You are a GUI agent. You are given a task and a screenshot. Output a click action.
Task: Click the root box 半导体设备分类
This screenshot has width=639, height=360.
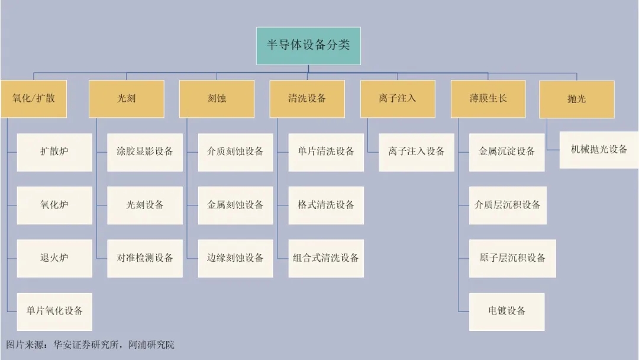pyautogui.click(x=308, y=46)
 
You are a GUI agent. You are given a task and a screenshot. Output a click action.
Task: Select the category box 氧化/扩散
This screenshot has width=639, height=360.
pyautogui.click(x=33, y=99)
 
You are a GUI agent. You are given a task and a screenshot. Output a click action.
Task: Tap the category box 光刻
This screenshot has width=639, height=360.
pyautogui.click(x=127, y=99)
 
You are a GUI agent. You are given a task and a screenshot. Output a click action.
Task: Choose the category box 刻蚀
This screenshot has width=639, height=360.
pyautogui.click(x=217, y=99)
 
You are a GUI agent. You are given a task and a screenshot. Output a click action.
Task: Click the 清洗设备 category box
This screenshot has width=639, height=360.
pyautogui.click(x=307, y=99)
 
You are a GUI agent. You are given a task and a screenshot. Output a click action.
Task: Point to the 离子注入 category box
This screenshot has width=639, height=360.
pyautogui.click(x=398, y=99)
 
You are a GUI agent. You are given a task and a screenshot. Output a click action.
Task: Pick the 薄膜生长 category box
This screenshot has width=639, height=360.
pyautogui.click(x=488, y=99)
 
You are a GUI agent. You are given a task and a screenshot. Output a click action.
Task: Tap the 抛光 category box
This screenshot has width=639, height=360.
pyautogui.click(x=577, y=99)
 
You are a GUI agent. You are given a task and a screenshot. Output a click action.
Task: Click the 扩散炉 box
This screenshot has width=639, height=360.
pyautogui.click(x=54, y=152)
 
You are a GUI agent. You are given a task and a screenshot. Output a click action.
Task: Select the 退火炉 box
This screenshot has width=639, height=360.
pyautogui.click(x=54, y=259)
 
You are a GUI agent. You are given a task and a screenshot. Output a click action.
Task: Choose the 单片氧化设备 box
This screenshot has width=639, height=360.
pyautogui.click(x=54, y=311)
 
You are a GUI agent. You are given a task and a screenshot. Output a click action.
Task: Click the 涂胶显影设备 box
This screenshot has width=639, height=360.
pyautogui.click(x=145, y=152)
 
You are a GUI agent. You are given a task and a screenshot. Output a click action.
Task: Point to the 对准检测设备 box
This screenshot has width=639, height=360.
pyautogui.click(x=145, y=259)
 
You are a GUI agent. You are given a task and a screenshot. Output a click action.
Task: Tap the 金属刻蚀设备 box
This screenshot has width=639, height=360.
pyautogui.click(x=235, y=205)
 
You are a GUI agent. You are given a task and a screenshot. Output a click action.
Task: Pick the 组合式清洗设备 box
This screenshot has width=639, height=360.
pyautogui.click(x=326, y=259)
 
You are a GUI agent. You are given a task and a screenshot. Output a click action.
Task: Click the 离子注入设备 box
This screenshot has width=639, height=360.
pyautogui.click(x=417, y=152)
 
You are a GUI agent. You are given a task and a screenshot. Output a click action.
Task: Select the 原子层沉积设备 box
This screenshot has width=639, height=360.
pyautogui.click(x=512, y=259)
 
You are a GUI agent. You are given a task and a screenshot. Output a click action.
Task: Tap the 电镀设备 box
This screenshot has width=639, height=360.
pyautogui.click(x=506, y=311)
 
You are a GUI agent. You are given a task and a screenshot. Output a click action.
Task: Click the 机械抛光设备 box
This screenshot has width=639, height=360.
pyautogui.click(x=599, y=150)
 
